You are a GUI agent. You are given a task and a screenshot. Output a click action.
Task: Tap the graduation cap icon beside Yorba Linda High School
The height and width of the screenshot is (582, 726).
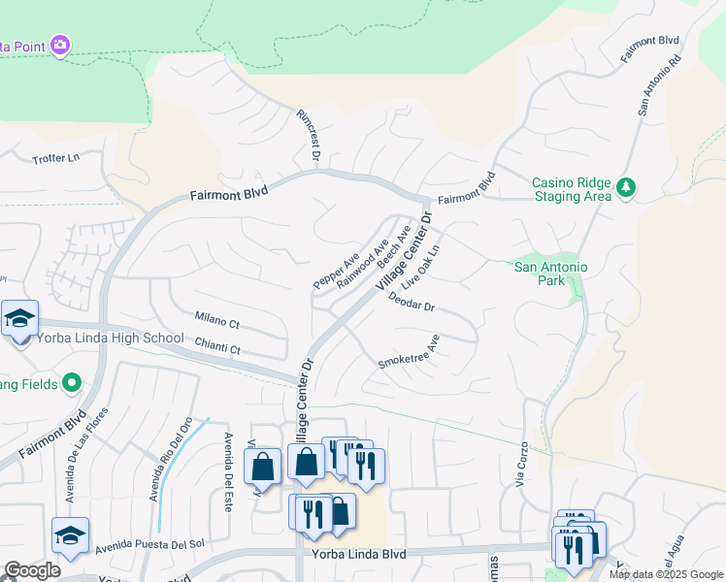(x=18, y=319)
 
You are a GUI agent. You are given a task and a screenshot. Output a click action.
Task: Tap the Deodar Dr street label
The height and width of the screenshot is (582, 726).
(x=412, y=305)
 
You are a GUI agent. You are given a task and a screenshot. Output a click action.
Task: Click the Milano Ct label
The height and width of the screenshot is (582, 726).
(x=216, y=319)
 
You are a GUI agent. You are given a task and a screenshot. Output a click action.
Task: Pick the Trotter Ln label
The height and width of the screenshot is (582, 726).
(x=55, y=158)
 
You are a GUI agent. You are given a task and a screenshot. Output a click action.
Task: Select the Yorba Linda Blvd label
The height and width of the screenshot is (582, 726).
(x=359, y=554)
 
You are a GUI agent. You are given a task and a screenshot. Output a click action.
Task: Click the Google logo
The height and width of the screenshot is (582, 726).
(x=32, y=571)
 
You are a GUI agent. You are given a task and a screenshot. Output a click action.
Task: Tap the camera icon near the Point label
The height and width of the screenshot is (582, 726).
(x=61, y=45)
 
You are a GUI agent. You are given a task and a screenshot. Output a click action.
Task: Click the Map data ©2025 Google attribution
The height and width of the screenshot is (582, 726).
(x=666, y=574)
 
